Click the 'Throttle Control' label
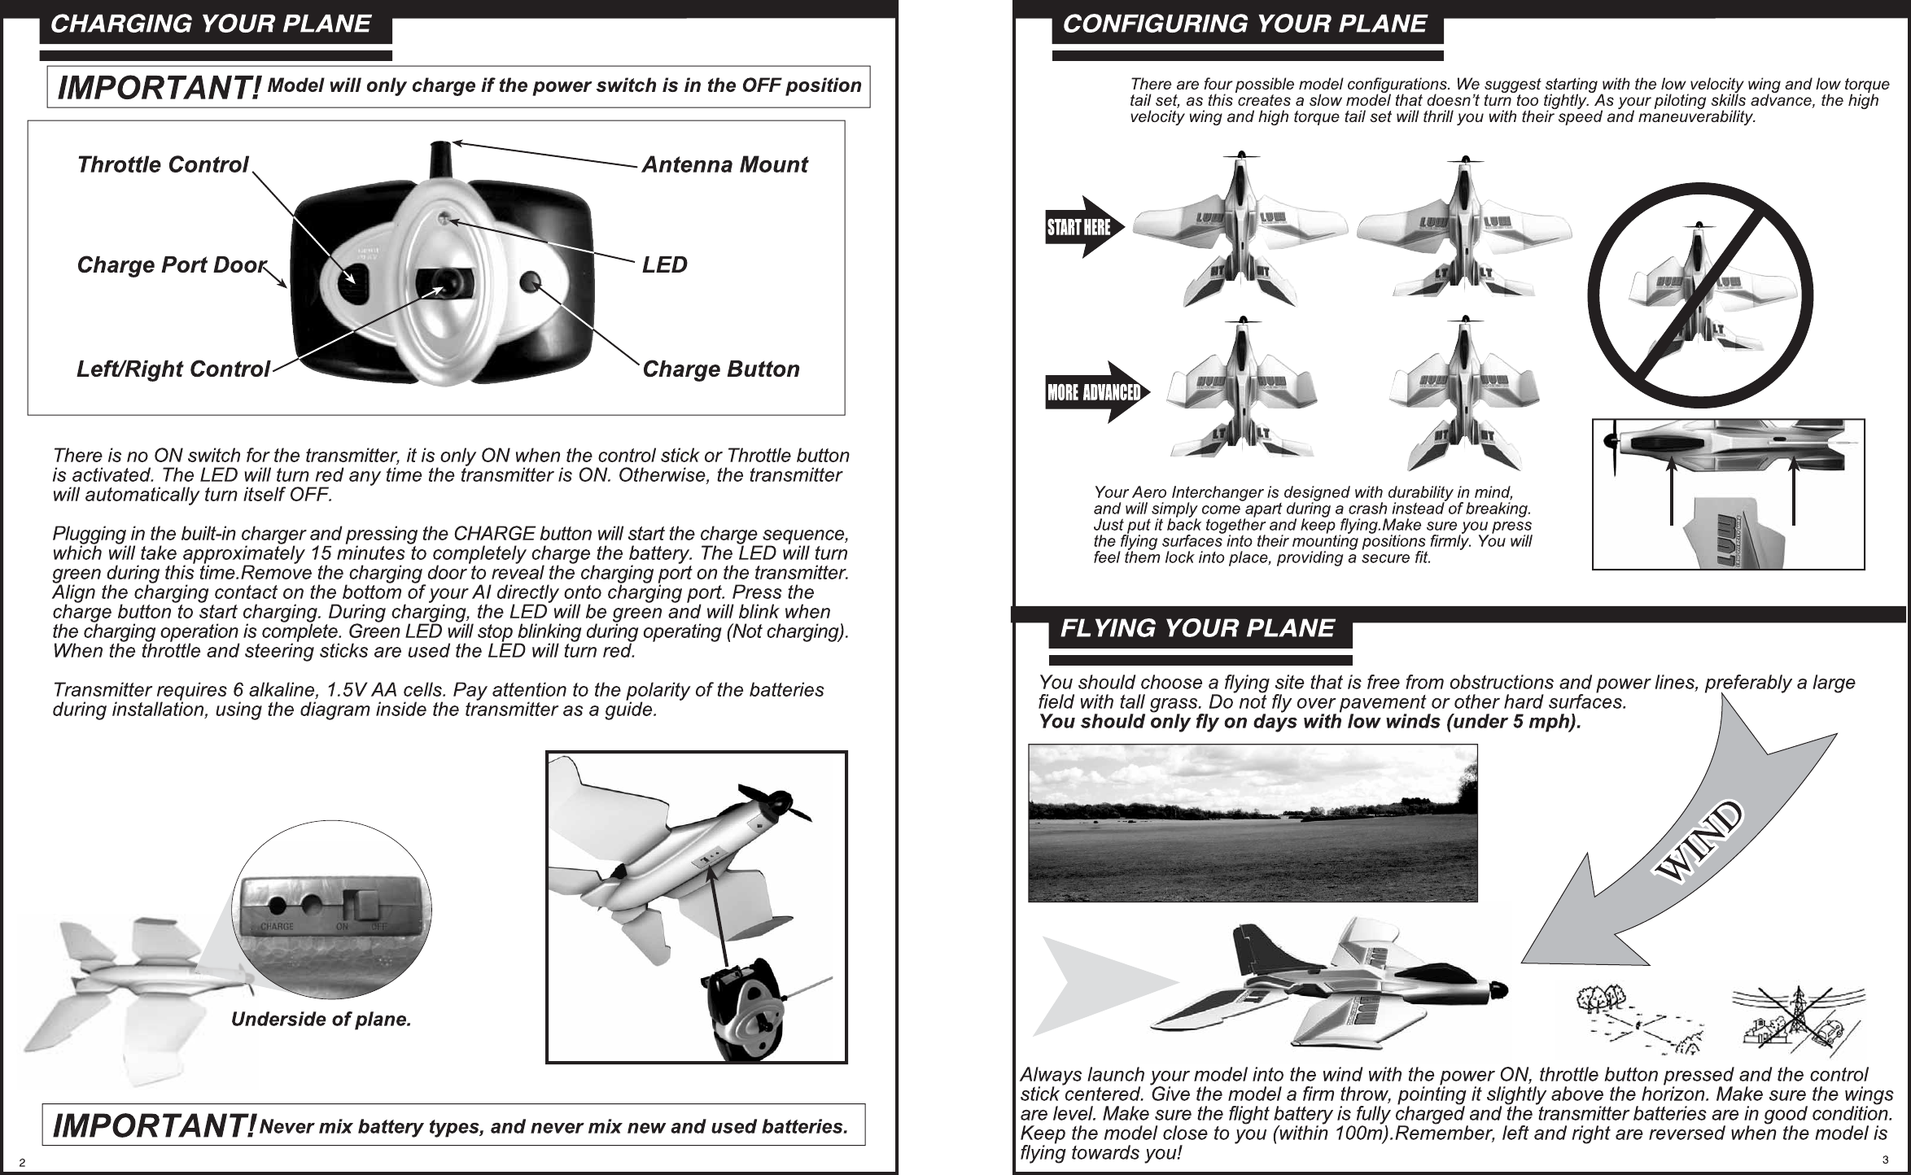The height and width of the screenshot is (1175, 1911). (x=162, y=165)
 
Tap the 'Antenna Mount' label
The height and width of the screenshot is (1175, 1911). (x=724, y=165)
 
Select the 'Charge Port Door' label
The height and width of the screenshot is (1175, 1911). (x=171, y=265)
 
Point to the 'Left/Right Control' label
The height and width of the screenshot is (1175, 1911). (x=173, y=369)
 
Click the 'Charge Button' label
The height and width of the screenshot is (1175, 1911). (x=720, y=369)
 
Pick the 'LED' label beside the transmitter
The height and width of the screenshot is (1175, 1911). (x=664, y=265)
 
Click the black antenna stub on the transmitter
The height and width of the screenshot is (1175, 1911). (x=440, y=155)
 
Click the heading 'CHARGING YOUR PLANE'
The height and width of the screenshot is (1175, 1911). (x=211, y=24)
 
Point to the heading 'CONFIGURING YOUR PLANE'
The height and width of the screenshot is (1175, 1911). (x=1244, y=24)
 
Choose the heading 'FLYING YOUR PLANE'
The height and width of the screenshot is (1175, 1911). (x=1197, y=628)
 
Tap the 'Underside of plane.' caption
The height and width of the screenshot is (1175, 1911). (x=321, y=1020)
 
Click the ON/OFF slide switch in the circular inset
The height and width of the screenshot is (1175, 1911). (x=362, y=904)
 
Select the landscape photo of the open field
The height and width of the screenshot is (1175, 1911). (x=1252, y=823)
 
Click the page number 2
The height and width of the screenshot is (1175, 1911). (x=24, y=1162)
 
